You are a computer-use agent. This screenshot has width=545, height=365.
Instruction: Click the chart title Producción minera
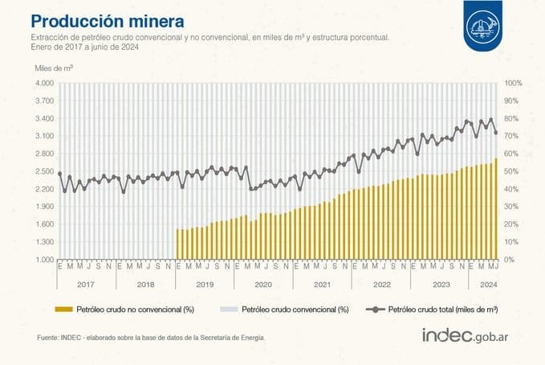point(106,19)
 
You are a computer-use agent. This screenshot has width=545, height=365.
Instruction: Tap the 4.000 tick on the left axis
point(43,83)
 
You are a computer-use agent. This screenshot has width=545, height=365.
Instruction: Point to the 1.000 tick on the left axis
point(43,260)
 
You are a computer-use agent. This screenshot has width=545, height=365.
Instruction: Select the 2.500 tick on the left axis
point(43,171)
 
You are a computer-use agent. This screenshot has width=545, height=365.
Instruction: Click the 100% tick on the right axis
point(514,83)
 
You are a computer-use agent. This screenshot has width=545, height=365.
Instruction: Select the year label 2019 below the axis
point(204,284)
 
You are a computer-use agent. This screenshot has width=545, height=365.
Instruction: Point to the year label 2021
point(322,284)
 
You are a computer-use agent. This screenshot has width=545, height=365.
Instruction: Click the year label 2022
point(381,284)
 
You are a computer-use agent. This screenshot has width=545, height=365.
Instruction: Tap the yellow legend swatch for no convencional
point(63,309)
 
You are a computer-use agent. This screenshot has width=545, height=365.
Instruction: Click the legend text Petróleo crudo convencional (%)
point(295,309)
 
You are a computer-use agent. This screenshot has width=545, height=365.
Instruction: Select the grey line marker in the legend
point(374,309)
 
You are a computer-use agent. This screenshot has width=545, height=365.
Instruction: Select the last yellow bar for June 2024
point(496,209)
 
